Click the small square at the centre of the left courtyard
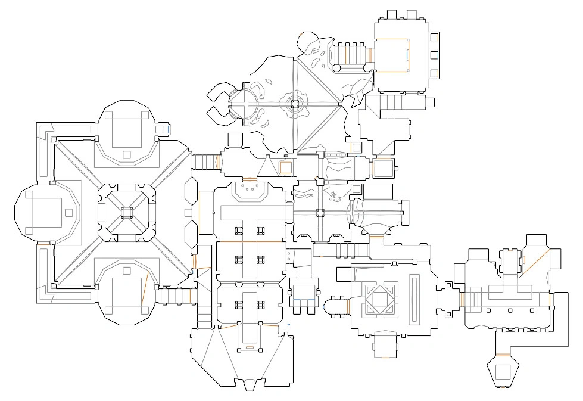pos(126,212)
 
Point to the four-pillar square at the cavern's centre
pos(295,104)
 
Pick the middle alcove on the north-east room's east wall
pos(434,55)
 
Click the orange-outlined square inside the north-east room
pos(393,55)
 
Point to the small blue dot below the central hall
pos(289,325)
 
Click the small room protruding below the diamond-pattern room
pos(385,345)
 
